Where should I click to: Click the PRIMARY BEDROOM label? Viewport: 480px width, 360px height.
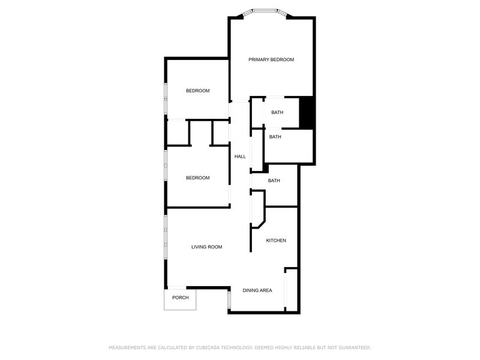click(271, 59)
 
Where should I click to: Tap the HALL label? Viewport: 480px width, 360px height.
click(240, 157)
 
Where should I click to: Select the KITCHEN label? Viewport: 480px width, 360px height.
click(276, 241)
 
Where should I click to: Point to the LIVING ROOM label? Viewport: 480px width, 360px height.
click(206, 247)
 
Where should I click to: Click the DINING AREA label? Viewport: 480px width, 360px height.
click(257, 290)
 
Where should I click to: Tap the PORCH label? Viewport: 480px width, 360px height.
click(181, 298)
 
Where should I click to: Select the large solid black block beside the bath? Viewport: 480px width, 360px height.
click(306, 113)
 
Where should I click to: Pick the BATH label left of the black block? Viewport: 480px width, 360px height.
click(277, 113)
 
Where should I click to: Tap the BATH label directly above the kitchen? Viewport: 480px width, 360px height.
click(274, 181)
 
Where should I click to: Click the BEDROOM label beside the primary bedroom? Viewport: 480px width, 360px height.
click(198, 91)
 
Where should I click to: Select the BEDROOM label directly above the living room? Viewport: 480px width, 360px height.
click(198, 178)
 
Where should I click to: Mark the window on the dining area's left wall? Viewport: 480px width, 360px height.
click(229, 299)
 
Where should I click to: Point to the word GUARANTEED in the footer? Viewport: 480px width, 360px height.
click(355, 348)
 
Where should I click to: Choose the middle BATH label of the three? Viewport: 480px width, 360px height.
click(275, 137)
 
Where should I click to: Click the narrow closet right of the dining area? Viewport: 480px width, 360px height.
click(292, 290)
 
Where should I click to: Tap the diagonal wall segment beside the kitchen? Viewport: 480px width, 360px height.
click(262, 224)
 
